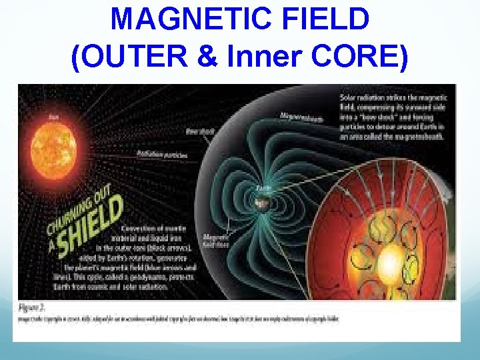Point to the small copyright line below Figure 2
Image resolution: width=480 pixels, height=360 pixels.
point(180,319)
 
